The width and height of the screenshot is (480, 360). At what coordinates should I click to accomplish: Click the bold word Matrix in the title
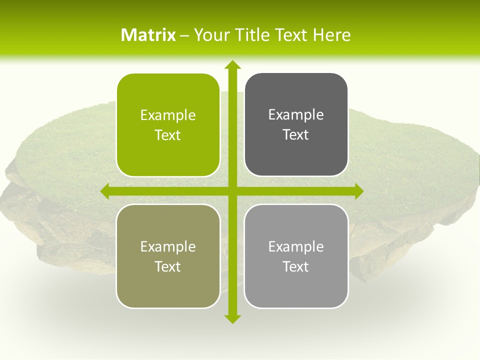tap(148, 35)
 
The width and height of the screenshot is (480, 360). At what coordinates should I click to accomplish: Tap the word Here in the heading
tap(331, 35)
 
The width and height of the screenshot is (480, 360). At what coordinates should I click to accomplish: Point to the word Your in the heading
tap(211, 35)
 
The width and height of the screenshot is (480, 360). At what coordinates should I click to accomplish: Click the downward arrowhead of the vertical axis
tap(232, 318)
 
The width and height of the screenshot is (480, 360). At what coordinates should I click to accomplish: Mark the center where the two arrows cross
tap(232, 191)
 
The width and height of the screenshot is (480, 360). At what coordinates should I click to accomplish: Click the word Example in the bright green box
tap(168, 115)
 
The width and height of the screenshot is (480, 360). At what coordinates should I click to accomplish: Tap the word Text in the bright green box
tap(168, 135)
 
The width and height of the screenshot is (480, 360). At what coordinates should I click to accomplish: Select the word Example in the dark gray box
tap(296, 115)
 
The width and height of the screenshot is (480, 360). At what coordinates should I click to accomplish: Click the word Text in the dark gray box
tap(296, 135)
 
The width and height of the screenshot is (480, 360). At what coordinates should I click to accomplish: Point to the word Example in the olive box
tap(168, 247)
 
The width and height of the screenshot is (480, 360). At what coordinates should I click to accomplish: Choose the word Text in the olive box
tap(168, 267)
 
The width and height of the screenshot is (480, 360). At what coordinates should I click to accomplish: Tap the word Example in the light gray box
tap(296, 247)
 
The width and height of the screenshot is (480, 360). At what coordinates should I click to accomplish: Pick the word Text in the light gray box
tap(296, 267)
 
